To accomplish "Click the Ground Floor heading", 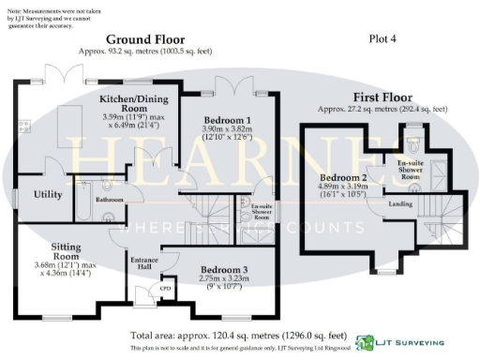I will click(x=144, y=39).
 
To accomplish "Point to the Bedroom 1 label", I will click(x=229, y=120).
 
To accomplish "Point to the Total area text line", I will click(x=239, y=335).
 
